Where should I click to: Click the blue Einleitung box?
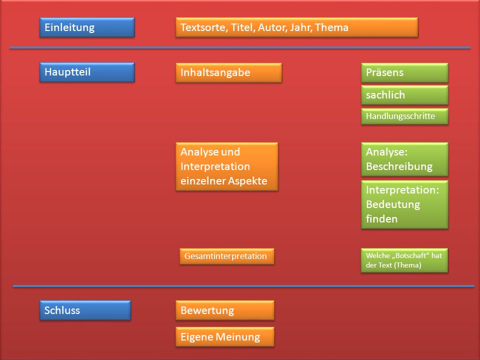click(x=87, y=27)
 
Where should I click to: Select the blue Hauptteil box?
click(x=87, y=72)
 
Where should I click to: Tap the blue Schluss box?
click(x=85, y=310)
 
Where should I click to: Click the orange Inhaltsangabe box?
click(x=228, y=72)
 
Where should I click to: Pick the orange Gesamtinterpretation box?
click(x=227, y=256)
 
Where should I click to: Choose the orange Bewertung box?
click(x=225, y=310)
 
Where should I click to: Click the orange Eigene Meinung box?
click(x=225, y=336)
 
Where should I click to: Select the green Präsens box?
click(x=404, y=72)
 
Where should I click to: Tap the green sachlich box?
click(x=404, y=95)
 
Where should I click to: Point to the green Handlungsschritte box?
click(x=404, y=116)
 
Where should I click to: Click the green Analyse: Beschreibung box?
click(x=404, y=159)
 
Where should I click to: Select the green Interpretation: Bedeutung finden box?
click(x=404, y=204)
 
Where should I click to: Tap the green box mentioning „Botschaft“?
click(x=404, y=260)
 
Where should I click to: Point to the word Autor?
click(x=272, y=27)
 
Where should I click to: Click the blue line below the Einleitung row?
click(x=240, y=48)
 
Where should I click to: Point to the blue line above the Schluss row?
click(x=243, y=286)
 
